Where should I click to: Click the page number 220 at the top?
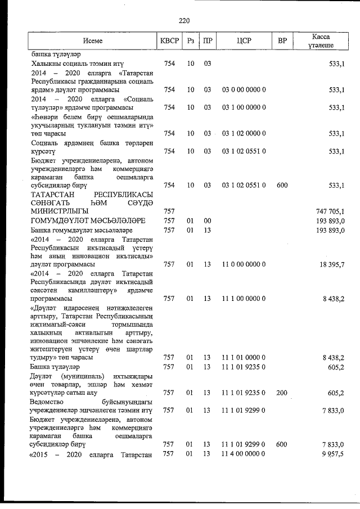tap(184, 21)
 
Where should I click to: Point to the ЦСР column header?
tap(244, 41)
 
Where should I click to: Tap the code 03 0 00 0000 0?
tap(244, 90)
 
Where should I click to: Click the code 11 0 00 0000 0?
tap(244, 264)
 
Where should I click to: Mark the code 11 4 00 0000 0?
tap(244, 454)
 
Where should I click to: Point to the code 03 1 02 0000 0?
tap(244, 134)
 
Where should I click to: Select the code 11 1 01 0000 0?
tap(244, 358)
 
